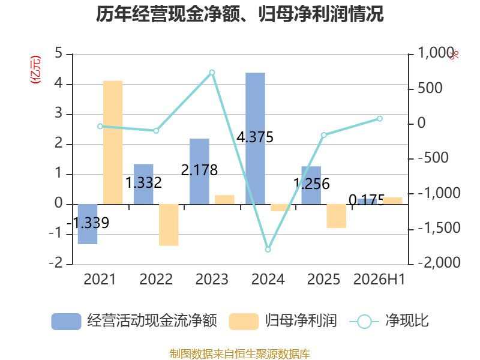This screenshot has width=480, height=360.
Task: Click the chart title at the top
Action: [x=239, y=14]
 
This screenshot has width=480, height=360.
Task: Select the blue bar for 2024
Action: [x=256, y=139]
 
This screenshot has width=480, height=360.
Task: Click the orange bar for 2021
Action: [x=113, y=142]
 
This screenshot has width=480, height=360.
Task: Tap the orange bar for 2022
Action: [x=169, y=225]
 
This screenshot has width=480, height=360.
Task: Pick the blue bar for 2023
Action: [x=199, y=172]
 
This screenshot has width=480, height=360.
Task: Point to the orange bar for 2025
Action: [x=337, y=216]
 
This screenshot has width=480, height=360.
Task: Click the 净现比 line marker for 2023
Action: [x=212, y=73]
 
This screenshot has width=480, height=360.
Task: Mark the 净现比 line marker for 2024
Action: [x=268, y=250]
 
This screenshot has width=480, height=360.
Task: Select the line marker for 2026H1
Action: [x=380, y=118]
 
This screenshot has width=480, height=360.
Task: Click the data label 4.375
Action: [x=255, y=137]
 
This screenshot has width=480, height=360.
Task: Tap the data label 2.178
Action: [x=199, y=170]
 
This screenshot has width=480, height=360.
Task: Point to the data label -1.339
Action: [x=88, y=223]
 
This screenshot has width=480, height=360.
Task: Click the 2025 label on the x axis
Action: [x=323, y=279]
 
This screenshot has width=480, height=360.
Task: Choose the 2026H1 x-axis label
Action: [x=379, y=279]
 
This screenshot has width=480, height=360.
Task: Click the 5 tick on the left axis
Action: [x=58, y=53]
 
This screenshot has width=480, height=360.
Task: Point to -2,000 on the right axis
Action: [x=439, y=262]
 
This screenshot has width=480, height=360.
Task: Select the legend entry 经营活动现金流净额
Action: [x=134, y=321]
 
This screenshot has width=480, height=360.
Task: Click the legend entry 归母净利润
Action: [x=283, y=321]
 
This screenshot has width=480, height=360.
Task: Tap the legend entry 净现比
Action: [x=389, y=321]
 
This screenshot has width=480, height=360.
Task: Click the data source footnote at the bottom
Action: [x=240, y=354]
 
